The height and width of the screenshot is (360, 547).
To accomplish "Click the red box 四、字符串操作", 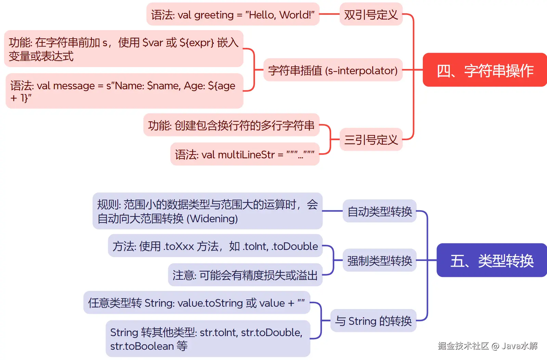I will (x=485, y=70).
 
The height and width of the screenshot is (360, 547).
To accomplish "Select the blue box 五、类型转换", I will (x=492, y=260).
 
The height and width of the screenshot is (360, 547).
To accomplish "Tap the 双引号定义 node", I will (x=371, y=14).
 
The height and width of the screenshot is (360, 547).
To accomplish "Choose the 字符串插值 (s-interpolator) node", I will (x=333, y=70).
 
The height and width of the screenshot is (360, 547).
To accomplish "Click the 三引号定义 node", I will (x=371, y=139).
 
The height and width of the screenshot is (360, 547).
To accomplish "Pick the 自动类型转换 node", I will (x=379, y=211).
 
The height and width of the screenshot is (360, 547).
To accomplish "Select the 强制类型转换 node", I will (x=379, y=261).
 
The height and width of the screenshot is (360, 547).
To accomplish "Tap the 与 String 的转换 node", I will (x=373, y=321).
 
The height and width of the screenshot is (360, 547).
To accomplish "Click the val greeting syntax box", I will (x=233, y=14).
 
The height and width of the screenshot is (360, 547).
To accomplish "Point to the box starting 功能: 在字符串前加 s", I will (x=123, y=49).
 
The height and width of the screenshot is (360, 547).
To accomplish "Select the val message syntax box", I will (x=124, y=91).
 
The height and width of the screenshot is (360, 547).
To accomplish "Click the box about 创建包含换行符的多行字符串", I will (x=231, y=125).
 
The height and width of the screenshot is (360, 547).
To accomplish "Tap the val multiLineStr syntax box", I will (x=245, y=154).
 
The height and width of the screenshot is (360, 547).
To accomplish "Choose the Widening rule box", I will (x=207, y=211).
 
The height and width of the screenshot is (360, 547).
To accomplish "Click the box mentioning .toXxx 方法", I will (x=215, y=246).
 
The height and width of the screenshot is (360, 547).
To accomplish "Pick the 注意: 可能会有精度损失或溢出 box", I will (x=245, y=275).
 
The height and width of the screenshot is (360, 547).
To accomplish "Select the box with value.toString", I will (x=197, y=303).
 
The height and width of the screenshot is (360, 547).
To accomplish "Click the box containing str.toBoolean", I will (x=208, y=338).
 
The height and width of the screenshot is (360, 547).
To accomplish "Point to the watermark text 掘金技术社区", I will (x=463, y=346).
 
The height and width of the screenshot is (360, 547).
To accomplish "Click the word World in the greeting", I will (x=294, y=15).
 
